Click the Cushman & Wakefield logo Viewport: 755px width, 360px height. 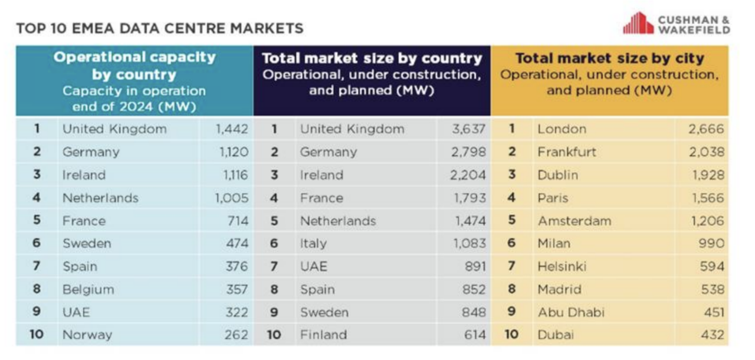click(676, 23)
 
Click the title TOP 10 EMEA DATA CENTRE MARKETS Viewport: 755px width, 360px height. click(160, 28)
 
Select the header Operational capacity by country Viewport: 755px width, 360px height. click(134, 66)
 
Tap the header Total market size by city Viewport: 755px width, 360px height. click(609, 58)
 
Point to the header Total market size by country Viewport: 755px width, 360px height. click(372, 58)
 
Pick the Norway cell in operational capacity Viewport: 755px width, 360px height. click(87, 335)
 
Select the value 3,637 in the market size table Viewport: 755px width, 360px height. click(469, 129)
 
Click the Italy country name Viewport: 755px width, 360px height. click(313, 243)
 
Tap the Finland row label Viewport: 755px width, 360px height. click(323, 335)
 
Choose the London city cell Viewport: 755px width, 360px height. click(562, 129)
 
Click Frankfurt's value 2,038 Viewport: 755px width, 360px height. click(706, 152)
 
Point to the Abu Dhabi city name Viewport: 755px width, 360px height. click(570, 312)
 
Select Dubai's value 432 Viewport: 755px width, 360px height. click(713, 335)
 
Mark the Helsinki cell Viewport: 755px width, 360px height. click(562, 266)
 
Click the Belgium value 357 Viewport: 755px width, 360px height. click(237, 289)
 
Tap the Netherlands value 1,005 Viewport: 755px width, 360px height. click(232, 198)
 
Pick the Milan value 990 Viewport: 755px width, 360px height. click(712, 243)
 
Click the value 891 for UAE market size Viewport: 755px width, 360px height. click(475, 266)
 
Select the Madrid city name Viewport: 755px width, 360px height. click(559, 289)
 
